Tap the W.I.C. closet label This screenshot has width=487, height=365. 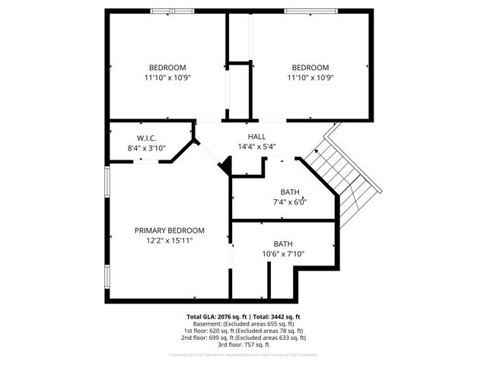[147, 138]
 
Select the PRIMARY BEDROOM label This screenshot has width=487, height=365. [170, 230]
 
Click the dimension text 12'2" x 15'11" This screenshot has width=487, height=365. [170, 240]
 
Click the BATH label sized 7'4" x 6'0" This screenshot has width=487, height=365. [290, 192]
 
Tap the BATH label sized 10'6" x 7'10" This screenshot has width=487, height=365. [283, 244]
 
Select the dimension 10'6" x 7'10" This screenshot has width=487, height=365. [283, 254]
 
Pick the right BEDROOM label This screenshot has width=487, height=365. [310, 67]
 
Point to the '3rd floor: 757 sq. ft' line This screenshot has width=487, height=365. [243, 344]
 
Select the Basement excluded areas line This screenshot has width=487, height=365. [243, 323]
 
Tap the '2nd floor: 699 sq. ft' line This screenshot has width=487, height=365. [243, 338]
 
